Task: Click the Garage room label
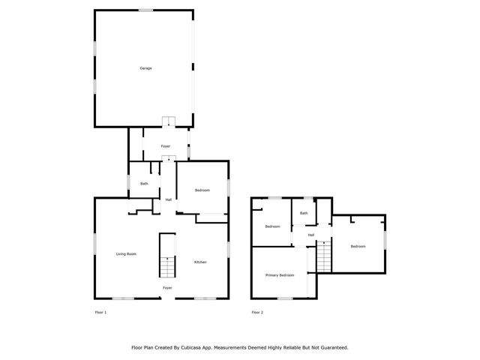(x=145, y=68)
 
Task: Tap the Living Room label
(x=126, y=254)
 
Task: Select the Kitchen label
(x=200, y=262)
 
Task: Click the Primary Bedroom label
(x=280, y=275)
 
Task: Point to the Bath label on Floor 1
(x=144, y=184)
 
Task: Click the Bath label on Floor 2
(x=304, y=213)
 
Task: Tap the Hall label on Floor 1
(x=169, y=199)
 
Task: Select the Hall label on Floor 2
(x=310, y=235)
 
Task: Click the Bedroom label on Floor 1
(x=202, y=190)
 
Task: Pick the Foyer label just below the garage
(x=166, y=145)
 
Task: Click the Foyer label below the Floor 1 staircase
(x=168, y=288)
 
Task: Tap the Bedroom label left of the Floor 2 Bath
(x=272, y=226)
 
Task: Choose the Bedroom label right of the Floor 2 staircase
(x=358, y=246)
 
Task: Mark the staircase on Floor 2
(x=324, y=257)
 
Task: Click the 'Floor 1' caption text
(x=100, y=312)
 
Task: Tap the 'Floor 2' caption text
(x=257, y=312)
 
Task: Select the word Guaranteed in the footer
(x=331, y=347)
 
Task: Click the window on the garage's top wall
(x=145, y=10)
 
